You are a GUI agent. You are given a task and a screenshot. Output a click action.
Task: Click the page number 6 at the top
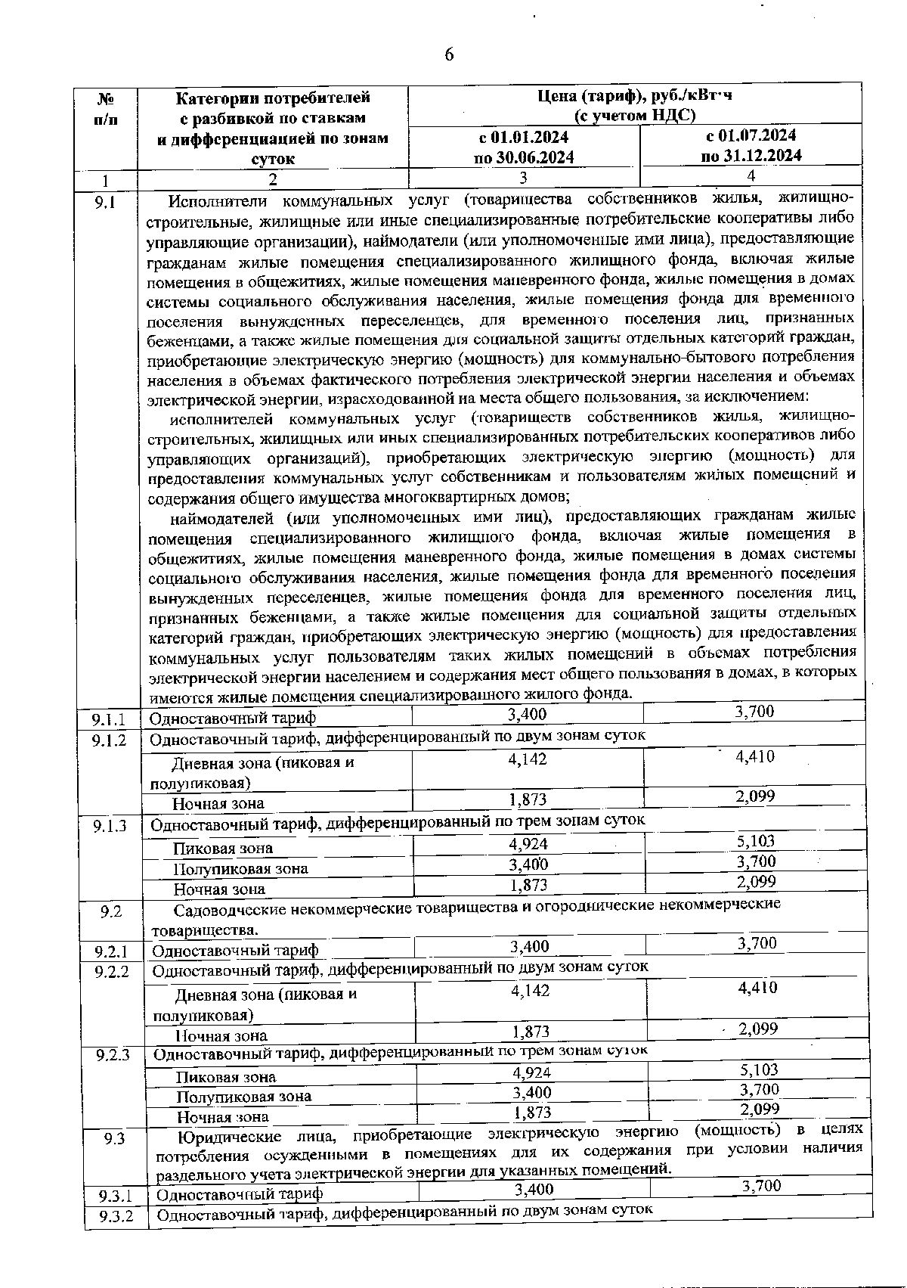(449, 54)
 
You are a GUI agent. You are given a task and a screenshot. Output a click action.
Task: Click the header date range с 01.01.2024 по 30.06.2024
(523, 147)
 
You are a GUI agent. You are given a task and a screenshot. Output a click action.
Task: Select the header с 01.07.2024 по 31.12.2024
(751, 145)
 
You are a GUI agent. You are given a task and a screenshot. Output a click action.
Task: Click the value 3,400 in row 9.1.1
(527, 715)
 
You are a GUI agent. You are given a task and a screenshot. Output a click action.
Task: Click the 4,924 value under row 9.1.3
(528, 844)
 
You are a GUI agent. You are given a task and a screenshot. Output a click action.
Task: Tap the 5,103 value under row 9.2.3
(759, 1069)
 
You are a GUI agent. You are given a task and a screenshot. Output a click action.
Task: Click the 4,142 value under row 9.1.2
(528, 759)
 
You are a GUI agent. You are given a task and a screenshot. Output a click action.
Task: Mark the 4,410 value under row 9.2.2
(757, 987)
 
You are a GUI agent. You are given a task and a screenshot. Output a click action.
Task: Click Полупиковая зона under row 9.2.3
(243, 1096)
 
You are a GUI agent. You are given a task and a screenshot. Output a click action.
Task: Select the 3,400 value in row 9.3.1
(534, 1189)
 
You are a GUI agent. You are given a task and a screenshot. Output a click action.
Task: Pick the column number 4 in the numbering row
(751, 175)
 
